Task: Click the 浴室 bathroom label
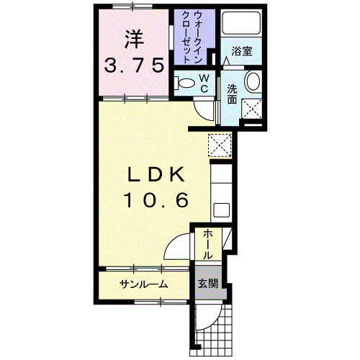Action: [240, 52]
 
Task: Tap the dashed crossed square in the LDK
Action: [219, 145]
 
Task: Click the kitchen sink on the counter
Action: [221, 210]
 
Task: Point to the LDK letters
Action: [158, 174]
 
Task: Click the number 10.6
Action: [158, 199]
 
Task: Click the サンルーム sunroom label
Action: [144, 284]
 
